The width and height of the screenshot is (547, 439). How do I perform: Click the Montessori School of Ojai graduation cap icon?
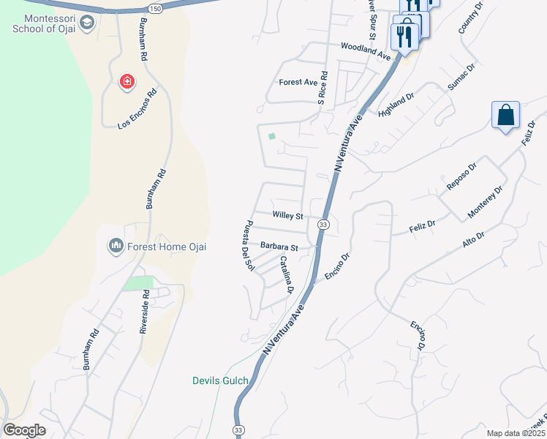point(87,23)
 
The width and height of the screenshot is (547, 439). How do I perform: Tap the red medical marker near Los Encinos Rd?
point(127,81)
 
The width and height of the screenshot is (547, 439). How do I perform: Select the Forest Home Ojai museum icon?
point(116,247)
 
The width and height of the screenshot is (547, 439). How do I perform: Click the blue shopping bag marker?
point(505,116)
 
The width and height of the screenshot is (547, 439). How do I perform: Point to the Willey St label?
point(287,216)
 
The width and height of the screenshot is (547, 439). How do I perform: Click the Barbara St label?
point(279,247)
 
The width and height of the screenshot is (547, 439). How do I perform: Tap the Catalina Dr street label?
point(286,275)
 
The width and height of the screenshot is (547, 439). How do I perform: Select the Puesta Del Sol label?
point(249,245)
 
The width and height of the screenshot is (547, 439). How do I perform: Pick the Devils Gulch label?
point(220,380)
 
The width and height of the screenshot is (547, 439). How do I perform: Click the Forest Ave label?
point(296,83)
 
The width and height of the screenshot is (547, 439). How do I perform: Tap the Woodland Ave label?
point(366,50)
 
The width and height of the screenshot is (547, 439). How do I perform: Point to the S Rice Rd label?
point(322,86)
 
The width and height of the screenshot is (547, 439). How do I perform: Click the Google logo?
point(24,430)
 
